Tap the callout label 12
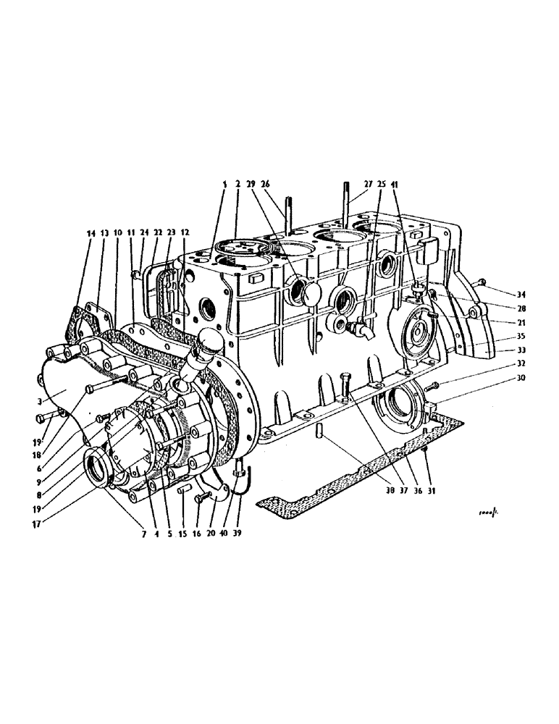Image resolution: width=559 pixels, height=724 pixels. click(x=185, y=233)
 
